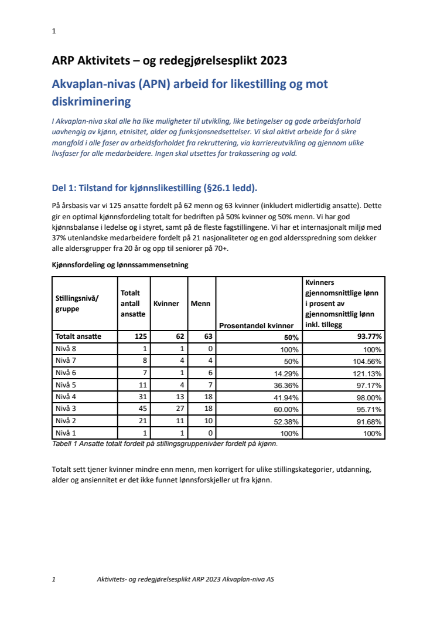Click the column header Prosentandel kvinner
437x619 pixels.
pyautogui.click(x=258, y=325)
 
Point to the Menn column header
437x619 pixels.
pyautogui.click(x=200, y=304)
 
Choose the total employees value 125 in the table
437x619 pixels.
pyautogui.click(x=139, y=336)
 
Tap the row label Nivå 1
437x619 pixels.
pyautogui.click(x=66, y=433)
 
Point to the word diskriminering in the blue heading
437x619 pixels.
pyautogui.click(x=91, y=101)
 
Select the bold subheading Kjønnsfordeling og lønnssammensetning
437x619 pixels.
pyautogui.click(x=120, y=265)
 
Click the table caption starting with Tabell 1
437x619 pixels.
pyautogui.click(x=165, y=444)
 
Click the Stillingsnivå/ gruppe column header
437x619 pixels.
pyautogui.click(x=77, y=303)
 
